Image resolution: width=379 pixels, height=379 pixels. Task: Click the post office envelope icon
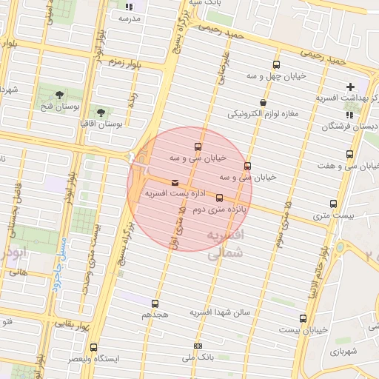(x=175, y=182)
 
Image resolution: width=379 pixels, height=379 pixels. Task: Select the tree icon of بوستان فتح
(x=59, y=95)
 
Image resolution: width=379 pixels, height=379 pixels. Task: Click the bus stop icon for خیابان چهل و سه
(x=276, y=65)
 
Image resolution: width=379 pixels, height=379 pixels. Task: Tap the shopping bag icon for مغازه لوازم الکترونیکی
(x=263, y=103)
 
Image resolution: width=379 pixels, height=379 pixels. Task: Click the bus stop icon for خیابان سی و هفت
(x=349, y=155)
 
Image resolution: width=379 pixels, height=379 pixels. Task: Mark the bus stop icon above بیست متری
(x=333, y=204)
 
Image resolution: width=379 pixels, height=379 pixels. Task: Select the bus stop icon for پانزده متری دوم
(x=219, y=198)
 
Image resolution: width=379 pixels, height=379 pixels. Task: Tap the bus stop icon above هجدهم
(x=155, y=303)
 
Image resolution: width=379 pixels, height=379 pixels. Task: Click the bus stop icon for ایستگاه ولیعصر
(x=93, y=347)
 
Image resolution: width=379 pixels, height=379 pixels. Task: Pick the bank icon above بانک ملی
(x=198, y=346)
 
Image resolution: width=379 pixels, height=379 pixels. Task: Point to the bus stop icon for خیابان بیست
(x=303, y=318)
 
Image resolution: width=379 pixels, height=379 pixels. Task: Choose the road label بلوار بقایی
(x=72, y=325)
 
